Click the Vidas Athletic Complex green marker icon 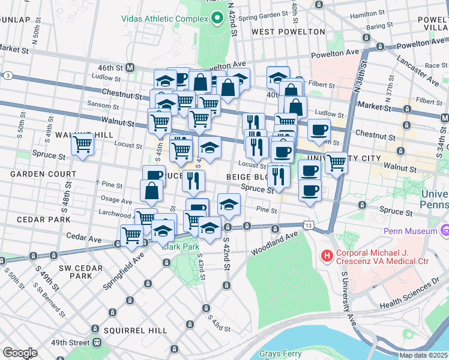217,19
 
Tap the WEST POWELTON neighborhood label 288,32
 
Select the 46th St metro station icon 130,68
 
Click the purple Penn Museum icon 445,230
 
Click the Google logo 20,352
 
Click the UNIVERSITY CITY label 343,158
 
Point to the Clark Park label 181,246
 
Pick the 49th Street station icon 96,343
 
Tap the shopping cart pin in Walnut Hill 82,144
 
